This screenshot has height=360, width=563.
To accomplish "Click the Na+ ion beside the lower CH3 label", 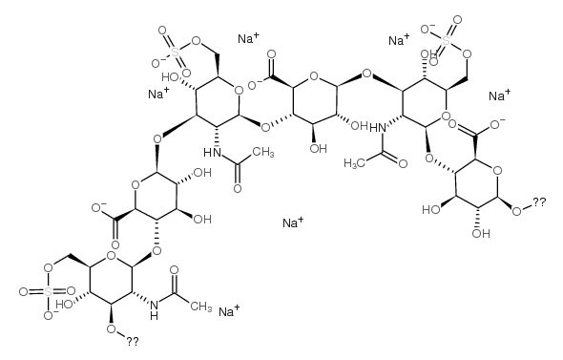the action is pyautogui.click(x=228, y=311).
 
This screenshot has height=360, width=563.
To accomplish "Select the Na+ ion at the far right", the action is pyautogui.click(x=498, y=96).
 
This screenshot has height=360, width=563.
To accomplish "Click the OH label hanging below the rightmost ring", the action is pyautogui.click(x=471, y=231).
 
